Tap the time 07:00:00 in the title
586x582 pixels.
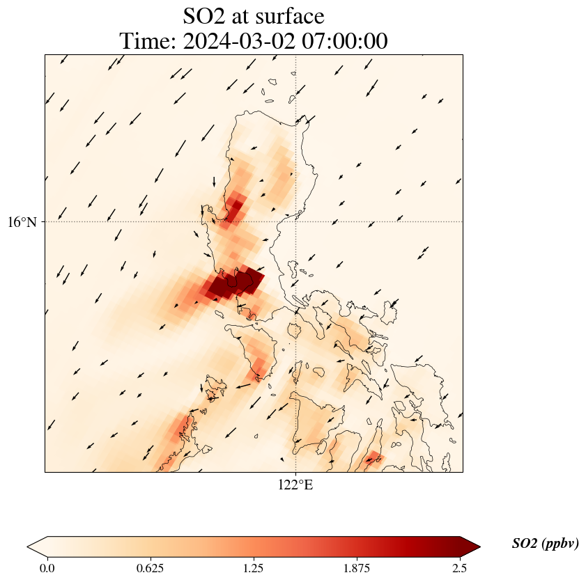point(342,42)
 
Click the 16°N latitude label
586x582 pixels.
point(22,223)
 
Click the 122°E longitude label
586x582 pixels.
point(295,485)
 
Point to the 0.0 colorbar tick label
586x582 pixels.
point(47,568)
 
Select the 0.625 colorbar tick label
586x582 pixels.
point(151,568)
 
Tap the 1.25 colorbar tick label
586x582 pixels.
point(254,568)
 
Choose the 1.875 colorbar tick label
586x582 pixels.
point(357,568)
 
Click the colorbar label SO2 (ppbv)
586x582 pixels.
point(545,544)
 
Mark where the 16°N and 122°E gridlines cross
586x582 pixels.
point(296,221)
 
